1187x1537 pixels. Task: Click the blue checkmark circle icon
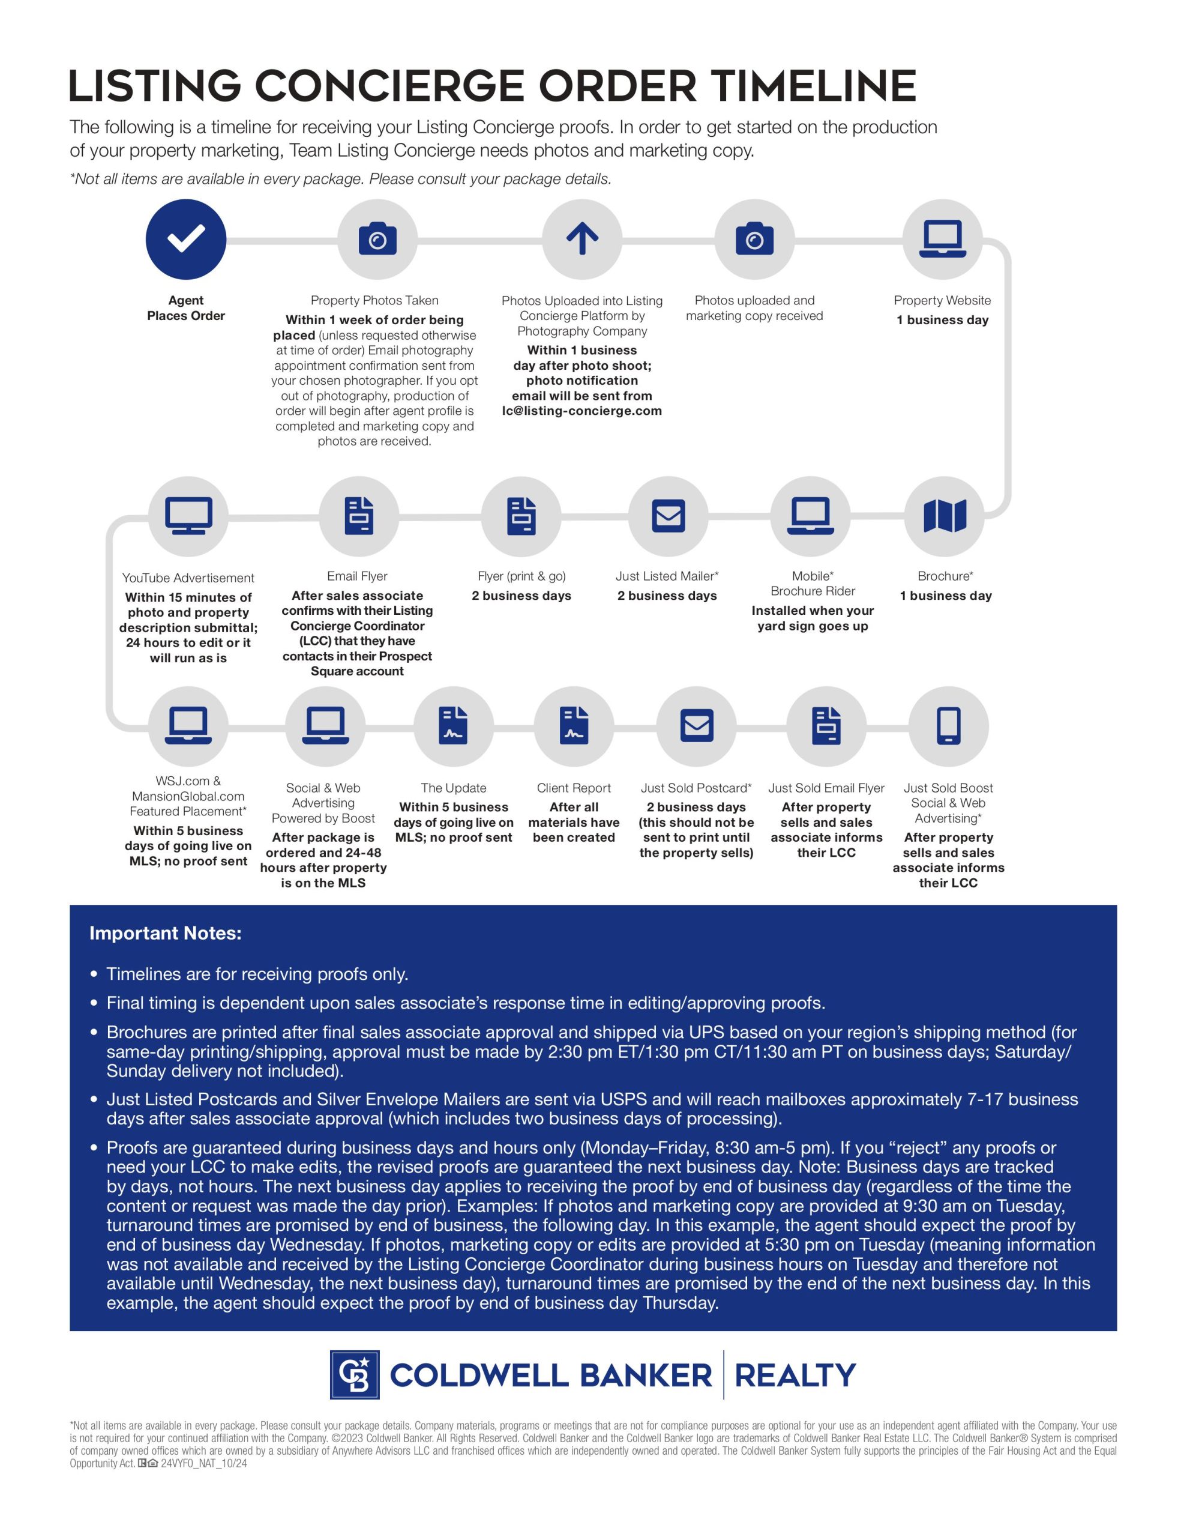tap(186, 240)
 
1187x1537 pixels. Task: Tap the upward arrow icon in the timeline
tap(582, 240)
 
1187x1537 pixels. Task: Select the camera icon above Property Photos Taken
tap(377, 240)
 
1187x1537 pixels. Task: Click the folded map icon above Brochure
tap(944, 516)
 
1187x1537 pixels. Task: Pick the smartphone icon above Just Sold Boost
tap(948, 725)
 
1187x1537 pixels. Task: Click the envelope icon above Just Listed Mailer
tap(668, 516)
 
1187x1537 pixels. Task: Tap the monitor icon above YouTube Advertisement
tap(188, 516)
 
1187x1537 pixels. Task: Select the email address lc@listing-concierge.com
tap(582, 411)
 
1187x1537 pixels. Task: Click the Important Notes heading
tap(166, 933)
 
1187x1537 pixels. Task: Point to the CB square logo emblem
tap(355, 1374)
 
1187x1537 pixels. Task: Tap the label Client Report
tap(574, 788)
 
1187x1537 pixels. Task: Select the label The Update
tap(453, 788)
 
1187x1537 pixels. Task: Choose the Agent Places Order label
tap(186, 308)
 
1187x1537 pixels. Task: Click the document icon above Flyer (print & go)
tap(521, 516)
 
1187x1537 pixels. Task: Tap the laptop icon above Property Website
tap(942, 240)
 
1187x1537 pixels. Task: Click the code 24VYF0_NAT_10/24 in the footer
tap(203, 1464)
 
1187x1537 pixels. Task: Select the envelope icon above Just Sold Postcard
tap(697, 725)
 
